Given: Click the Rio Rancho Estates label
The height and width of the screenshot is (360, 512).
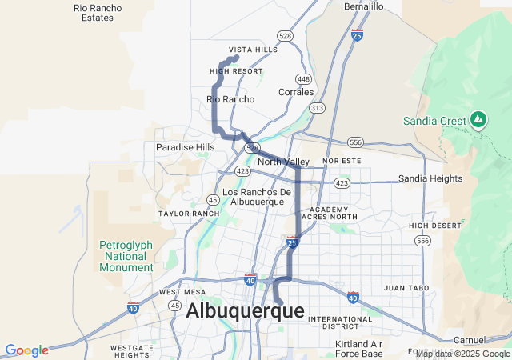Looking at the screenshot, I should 98,12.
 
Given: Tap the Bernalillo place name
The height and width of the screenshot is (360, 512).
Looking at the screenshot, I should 364,6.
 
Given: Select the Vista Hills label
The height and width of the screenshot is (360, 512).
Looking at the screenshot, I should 253,49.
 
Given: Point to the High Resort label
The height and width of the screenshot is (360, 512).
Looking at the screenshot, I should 236,71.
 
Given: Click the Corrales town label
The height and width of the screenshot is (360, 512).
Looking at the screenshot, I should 296,92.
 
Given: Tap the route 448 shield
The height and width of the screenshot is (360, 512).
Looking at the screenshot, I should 303,78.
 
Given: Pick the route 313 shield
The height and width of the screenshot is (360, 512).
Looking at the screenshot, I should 318,108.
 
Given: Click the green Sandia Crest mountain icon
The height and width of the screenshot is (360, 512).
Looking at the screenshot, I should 478,120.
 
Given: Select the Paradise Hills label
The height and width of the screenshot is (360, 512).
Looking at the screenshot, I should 186,147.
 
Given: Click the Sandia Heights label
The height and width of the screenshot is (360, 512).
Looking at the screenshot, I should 430,178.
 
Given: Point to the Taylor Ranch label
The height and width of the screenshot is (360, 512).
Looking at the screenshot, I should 189,214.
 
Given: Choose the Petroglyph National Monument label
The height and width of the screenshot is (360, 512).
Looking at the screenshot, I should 124,256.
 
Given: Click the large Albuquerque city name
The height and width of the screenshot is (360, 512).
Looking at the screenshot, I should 245,311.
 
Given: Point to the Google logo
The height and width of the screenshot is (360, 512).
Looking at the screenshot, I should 26,350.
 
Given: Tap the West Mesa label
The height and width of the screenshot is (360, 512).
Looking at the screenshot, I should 182,292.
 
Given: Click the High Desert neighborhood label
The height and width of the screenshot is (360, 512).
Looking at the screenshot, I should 435,226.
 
